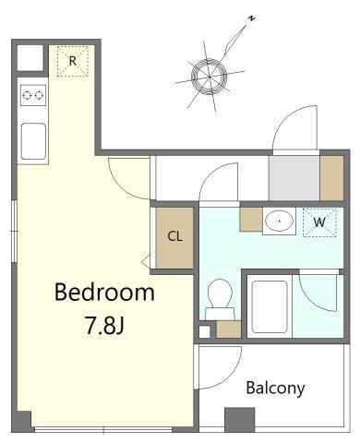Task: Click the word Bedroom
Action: (x=104, y=292)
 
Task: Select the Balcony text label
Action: (x=275, y=388)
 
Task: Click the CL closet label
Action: (x=174, y=236)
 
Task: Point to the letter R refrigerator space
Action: (x=73, y=61)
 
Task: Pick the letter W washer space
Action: (x=319, y=222)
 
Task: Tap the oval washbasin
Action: (x=279, y=221)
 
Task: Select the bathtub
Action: (x=270, y=306)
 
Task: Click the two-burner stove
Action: (x=33, y=95)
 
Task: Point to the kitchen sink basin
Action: (x=33, y=141)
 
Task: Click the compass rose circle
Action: (x=210, y=76)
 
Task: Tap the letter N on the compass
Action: (x=252, y=18)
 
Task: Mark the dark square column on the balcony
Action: (x=240, y=420)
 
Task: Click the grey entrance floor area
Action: (x=294, y=178)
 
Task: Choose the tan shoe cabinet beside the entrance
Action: (x=331, y=178)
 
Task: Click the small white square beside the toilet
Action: (x=204, y=331)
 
